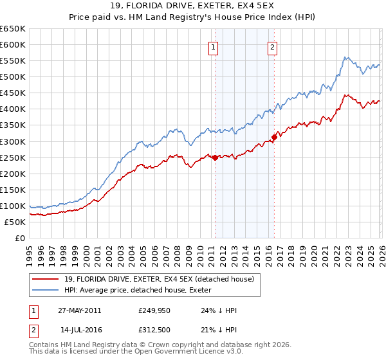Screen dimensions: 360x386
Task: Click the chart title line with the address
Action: (x=193, y=7)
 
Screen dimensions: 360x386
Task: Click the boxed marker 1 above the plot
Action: (x=213, y=46)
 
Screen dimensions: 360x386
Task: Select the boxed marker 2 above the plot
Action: (x=273, y=46)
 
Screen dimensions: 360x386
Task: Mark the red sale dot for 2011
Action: (x=215, y=157)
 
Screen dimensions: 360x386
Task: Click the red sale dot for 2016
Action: (x=274, y=137)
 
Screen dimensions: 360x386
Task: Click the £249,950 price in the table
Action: (x=154, y=310)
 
